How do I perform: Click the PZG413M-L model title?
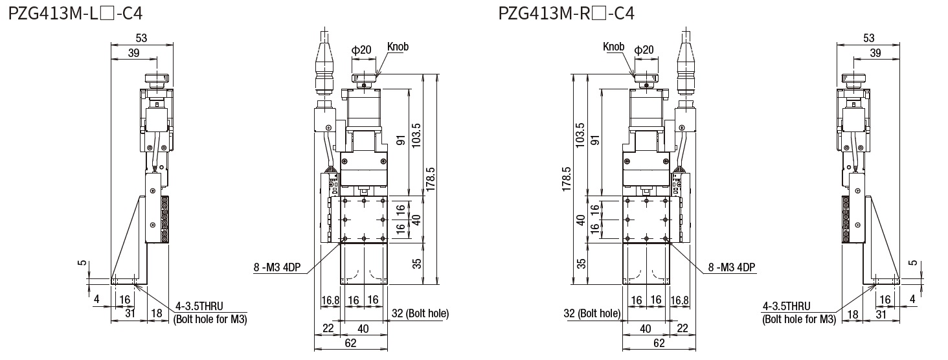click(75, 14)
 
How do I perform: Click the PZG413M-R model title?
click(566, 14)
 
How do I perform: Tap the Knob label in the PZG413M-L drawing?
click(398, 47)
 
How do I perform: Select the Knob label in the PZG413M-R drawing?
click(614, 47)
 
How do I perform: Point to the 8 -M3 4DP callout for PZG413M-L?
click(277, 267)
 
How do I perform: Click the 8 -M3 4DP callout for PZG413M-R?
click(732, 267)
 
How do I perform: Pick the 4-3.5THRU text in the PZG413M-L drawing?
click(199, 306)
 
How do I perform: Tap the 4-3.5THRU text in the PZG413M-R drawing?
click(786, 306)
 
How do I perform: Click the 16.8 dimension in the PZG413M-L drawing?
click(330, 300)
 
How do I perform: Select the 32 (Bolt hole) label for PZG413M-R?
click(592, 313)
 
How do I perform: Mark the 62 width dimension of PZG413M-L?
click(350, 343)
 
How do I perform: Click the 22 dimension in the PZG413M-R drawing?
click(683, 328)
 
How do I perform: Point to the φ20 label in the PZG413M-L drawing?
click(361, 50)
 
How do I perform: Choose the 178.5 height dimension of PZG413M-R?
click(567, 179)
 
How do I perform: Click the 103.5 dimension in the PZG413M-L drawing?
click(416, 135)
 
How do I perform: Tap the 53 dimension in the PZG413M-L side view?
click(141, 38)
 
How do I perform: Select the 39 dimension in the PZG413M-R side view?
click(875, 53)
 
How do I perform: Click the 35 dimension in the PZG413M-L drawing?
click(417, 263)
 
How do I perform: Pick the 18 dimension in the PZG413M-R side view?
click(853, 314)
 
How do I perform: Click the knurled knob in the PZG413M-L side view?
click(157, 79)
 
